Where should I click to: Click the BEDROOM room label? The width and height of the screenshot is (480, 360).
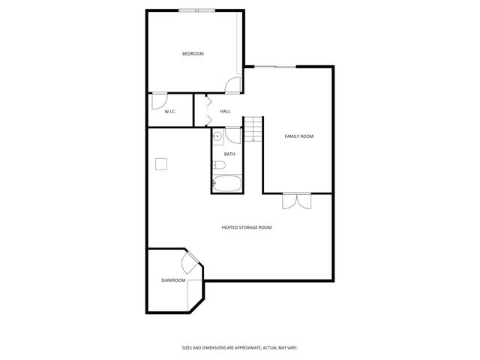pyautogui.click(x=193, y=54)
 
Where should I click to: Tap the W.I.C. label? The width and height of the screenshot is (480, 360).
pyautogui.click(x=169, y=112)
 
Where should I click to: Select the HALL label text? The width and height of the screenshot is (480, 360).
pyautogui.click(x=225, y=112)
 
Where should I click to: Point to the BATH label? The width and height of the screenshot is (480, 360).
pyautogui.click(x=229, y=154)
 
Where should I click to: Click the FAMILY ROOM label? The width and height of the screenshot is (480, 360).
pyautogui.click(x=298, y=136)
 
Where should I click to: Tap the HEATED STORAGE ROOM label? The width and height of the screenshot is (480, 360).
pyautogui.click(x=246, y=227)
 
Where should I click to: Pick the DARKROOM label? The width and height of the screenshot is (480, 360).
pyautogui.click(x=173, y=280)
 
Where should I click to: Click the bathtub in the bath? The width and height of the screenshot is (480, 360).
pyautogui.click(x=226, y=183)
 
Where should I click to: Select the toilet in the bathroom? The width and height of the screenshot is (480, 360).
pyautogui.click(x=220, y=166)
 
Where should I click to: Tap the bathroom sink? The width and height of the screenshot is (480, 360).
pyautogui.click(x=217, y=136)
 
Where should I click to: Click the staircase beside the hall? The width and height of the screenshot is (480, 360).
pyautogui.click(x=256, y=130)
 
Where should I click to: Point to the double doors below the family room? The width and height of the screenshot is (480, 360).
pyautogui.click(x=296, y=201)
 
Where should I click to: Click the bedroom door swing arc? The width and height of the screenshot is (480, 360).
pyautogui.click(x=233, y=85)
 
